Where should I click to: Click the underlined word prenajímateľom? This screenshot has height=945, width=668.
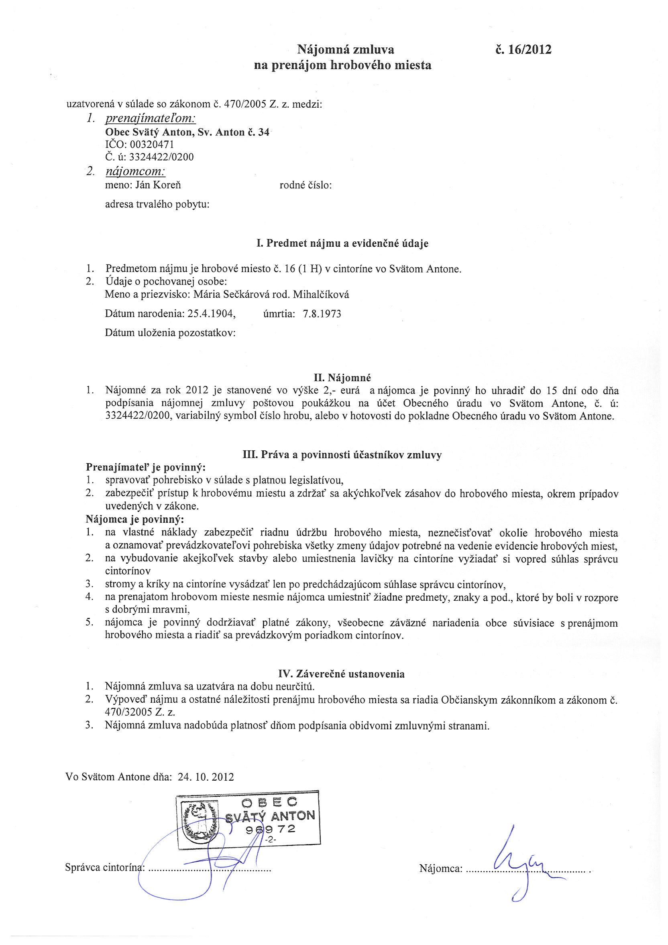click(151, 119)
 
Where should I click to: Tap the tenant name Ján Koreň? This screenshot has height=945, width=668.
click(157, 185)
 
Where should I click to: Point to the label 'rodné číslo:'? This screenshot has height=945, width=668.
click(305, 186)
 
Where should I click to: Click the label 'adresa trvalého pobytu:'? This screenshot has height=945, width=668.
click(157, 204)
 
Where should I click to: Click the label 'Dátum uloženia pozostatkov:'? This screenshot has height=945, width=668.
click(170, 333)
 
